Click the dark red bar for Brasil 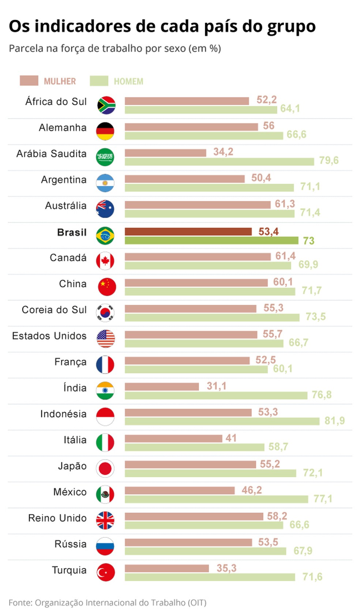(188, 232)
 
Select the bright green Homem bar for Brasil (211, 240)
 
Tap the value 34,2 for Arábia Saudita (223, 152)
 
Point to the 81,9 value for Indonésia (334, 421)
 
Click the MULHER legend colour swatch (29, 81)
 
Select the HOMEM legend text (128, 81)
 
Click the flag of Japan (105, 468)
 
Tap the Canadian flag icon (105, 261)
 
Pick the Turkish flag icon (105, 573)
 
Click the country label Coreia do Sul (54, 310)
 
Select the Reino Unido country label (57, 518)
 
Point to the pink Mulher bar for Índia (162, 386)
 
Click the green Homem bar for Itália (194, 447)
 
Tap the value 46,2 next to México (252, 490)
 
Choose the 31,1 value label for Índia (217, 386)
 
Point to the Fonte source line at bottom (108, 603)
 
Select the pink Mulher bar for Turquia (166, 568)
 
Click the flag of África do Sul (106, 105)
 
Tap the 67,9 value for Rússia (303, 551)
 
